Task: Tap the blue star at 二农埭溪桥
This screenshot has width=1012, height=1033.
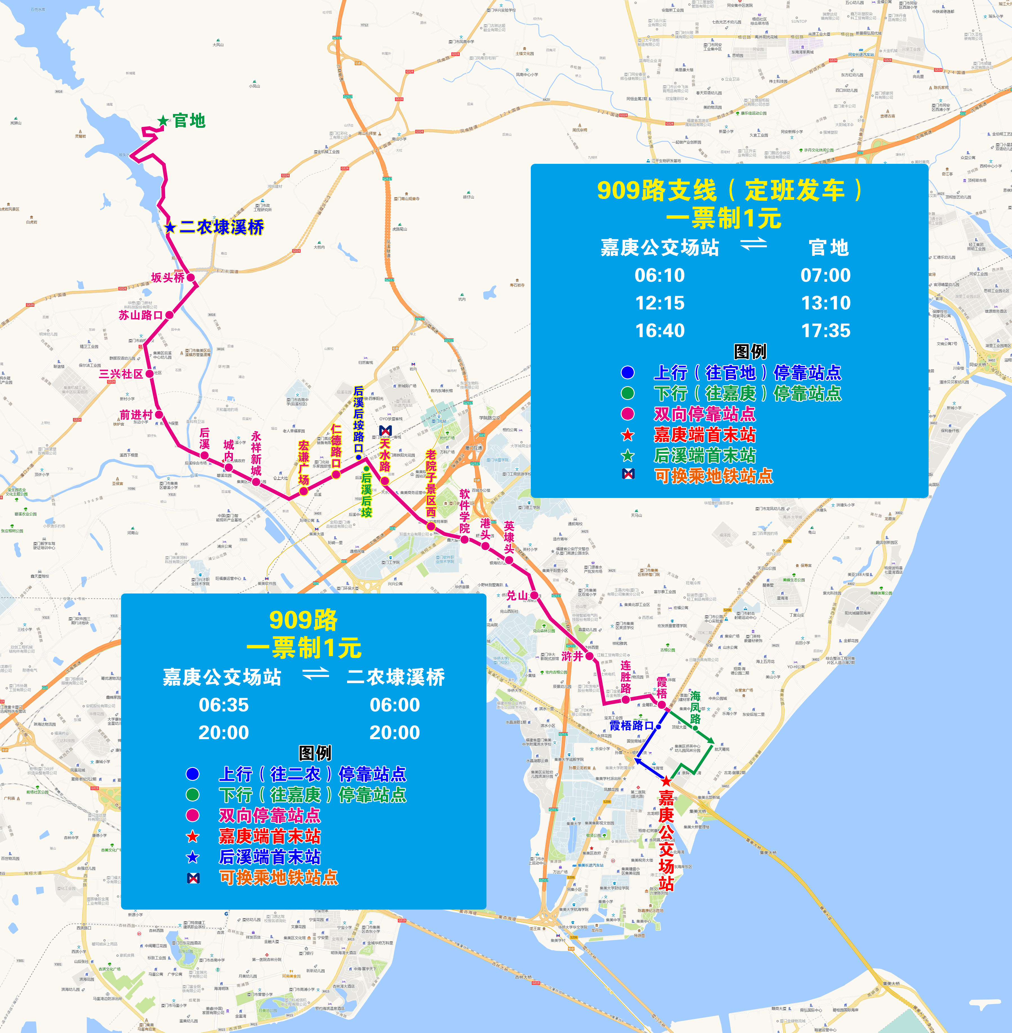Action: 170,228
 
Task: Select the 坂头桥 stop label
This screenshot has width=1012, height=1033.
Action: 167,277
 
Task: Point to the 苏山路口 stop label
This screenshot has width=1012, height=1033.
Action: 140,315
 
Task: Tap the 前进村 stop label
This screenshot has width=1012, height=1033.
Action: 136,415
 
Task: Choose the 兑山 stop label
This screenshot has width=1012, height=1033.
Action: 517,595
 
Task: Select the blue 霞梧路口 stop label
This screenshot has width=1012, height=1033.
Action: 631,725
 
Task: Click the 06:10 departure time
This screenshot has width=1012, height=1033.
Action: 660,275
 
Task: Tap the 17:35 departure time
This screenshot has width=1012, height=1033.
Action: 825,330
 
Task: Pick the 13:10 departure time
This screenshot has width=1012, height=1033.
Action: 825,303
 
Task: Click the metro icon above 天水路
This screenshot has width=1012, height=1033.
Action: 385,430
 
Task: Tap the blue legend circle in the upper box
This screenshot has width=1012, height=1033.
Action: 628,372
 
